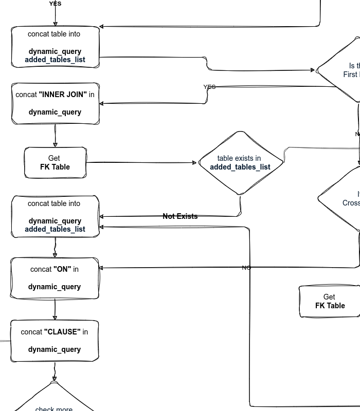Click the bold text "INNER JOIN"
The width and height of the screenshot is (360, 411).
(x=63, y=95)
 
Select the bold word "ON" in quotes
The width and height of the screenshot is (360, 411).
(x=62, y=269)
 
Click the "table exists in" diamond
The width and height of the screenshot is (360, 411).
(x=240, y=162)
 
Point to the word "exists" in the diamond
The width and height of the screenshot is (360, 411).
(x=244, y=158)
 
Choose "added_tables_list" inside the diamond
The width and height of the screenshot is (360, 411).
(x=240, y=167)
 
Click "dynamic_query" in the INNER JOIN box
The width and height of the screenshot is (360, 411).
(x=55, y=112)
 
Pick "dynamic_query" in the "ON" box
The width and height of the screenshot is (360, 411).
(x=55, y=287)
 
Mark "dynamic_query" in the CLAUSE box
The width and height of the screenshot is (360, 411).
(x=55, y=349)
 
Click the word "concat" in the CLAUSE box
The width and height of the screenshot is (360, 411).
(x=31, y=332)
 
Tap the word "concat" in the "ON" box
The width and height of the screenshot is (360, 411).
(x=41, y=269)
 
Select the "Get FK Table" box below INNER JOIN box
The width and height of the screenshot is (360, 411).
(x=55, y=162)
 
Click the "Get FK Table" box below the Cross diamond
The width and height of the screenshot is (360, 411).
(x=330, y=301)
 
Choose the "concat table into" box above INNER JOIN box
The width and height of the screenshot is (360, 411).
(x=55, y=46)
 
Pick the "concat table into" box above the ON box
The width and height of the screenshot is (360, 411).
(x=55, y=216)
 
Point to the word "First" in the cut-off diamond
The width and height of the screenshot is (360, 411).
(x=351, y=74)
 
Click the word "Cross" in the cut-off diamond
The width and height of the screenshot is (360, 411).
(x=351, y=202)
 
